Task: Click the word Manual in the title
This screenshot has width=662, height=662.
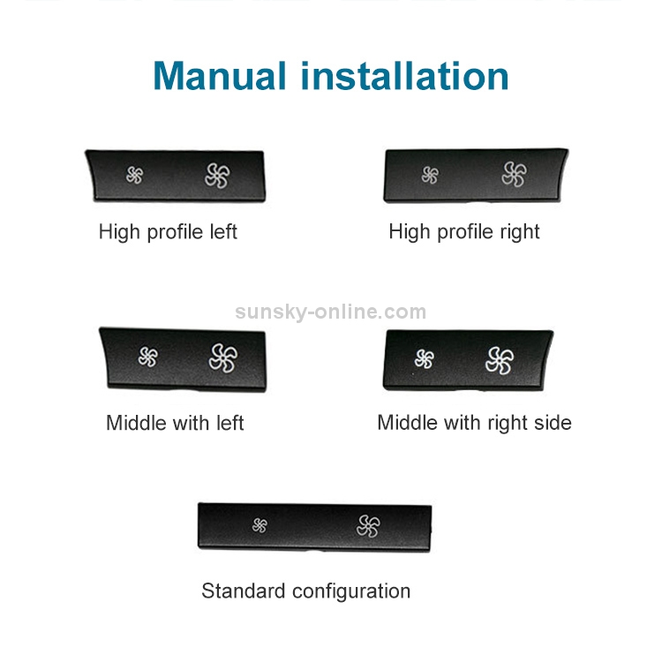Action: pos(220,76)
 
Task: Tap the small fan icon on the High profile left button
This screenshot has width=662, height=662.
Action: pos(135,176)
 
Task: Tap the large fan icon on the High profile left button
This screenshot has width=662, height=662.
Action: pos(217,176)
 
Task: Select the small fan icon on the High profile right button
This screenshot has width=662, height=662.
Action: pos(430,176)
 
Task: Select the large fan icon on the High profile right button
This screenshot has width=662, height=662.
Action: pos(515,174)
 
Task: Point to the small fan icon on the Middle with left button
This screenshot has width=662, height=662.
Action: pos(148,357)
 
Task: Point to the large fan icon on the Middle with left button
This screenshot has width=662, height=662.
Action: pos(223,358)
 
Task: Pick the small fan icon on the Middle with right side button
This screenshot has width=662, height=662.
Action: pos(425,359)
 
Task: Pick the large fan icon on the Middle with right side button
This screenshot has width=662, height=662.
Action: pos(500,360)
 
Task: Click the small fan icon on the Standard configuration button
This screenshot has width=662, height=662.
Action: pos(260,526)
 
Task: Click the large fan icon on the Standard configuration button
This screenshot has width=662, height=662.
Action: pos(368,526)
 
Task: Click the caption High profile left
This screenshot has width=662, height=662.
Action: pos(168,232)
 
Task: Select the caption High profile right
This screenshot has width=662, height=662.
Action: pos(464,232)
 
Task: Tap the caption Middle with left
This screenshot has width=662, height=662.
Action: pos(176,423)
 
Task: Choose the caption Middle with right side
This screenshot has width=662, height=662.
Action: pos(475,423)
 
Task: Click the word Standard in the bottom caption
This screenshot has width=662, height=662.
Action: pos(244,591)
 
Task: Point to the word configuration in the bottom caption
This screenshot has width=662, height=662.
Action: pos(351,592)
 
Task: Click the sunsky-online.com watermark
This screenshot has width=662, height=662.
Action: pos(331,312)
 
